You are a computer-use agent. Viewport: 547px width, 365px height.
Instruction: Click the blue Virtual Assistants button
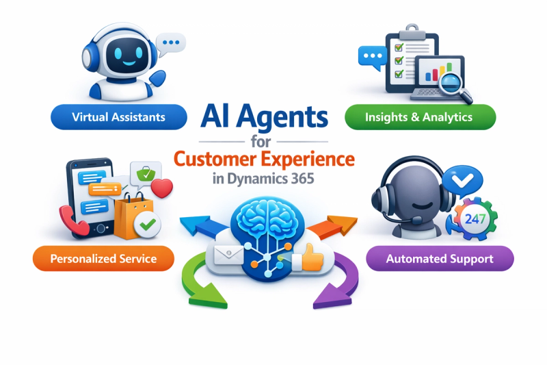[119, 117]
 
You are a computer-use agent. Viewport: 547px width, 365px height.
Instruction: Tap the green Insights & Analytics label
[420, 117]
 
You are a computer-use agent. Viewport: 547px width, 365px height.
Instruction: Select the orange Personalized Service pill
[103, 258]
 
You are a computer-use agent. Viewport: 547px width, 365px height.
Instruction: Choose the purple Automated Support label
[440, 258]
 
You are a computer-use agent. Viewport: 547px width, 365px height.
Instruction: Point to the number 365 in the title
[302, 179]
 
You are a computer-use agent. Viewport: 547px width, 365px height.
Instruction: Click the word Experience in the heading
[308, 160]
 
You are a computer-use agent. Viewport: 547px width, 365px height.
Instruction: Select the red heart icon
[162, 188]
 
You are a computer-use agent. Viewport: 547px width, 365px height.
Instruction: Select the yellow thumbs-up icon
[308, 257]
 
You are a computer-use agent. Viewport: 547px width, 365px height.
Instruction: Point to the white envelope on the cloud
[228, 255]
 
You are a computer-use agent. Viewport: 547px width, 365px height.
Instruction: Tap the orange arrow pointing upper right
[333, 227]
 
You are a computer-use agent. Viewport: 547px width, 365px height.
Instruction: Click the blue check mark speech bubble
[463, 181]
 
